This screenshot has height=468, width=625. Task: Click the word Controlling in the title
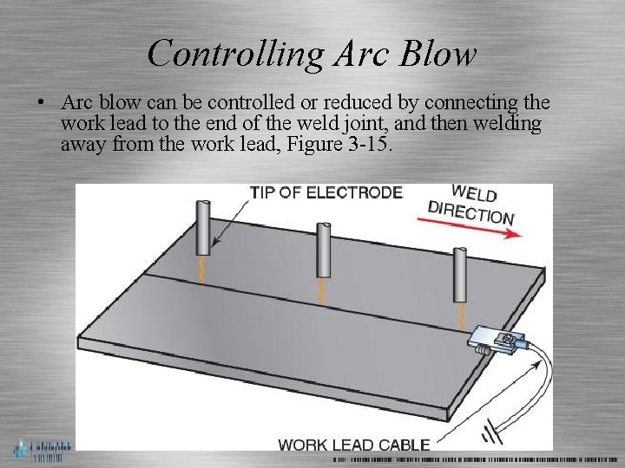pyautogui.click(x=224, y=54)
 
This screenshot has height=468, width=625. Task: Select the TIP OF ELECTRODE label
pyautogui.click(x=326, y=192)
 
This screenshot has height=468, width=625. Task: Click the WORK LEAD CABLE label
pyautogui.click(x=353, y=445)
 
